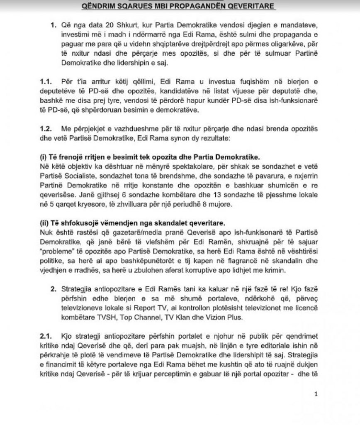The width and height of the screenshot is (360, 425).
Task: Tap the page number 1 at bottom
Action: coord(316,393)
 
